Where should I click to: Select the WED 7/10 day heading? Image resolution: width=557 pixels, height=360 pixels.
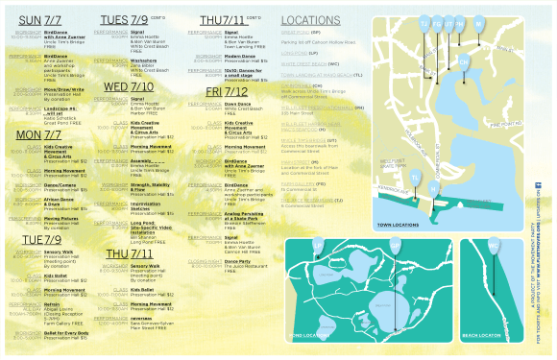tap(129, 86)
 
